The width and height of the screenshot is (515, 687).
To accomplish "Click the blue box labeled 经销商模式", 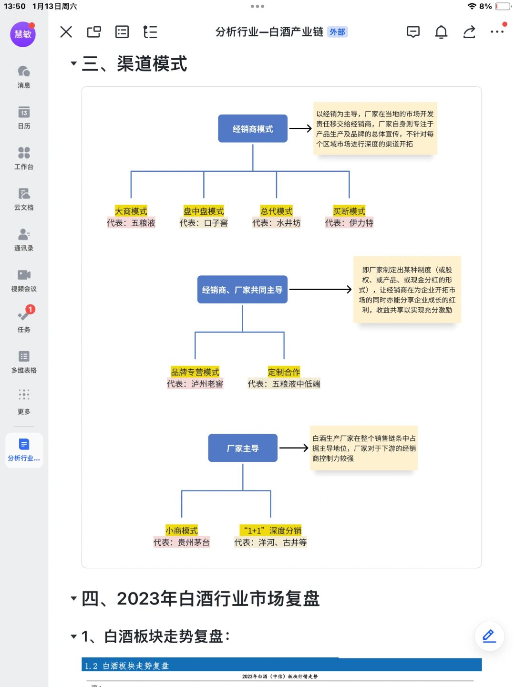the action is tap(253, 129).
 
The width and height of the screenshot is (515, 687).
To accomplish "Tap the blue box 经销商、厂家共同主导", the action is tap(242, 290).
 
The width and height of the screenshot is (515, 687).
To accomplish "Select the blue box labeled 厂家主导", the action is tap(243, 448).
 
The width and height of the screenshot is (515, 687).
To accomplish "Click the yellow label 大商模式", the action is tap(131, 211).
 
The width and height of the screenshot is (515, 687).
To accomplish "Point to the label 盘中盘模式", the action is tap(204, 211).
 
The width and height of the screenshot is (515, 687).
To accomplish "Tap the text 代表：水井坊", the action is tap(277, 223).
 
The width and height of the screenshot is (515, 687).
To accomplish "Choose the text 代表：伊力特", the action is tap(349, 223).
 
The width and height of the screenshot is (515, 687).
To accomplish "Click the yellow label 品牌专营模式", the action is tap(195, 372).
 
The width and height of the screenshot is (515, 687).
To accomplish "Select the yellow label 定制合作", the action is tap(284, 372).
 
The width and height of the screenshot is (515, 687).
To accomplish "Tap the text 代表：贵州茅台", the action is tap(181, 542).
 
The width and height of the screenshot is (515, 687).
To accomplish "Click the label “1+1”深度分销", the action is tap(270, 530).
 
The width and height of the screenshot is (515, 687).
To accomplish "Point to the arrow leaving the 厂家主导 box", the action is tap(294, 448).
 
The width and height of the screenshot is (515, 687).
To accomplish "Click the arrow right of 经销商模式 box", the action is tap(300, 128).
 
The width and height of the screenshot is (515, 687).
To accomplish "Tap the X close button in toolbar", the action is tap(66, 31).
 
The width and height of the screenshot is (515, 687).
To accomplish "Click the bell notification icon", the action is tap(441, 32).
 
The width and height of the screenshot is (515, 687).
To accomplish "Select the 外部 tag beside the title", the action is tap(337, 32).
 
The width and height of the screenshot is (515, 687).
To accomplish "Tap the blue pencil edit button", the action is tap(489, 636).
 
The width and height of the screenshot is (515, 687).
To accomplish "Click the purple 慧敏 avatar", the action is tap(23, 34).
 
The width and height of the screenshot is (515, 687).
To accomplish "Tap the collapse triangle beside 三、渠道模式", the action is tap(74, 63).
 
